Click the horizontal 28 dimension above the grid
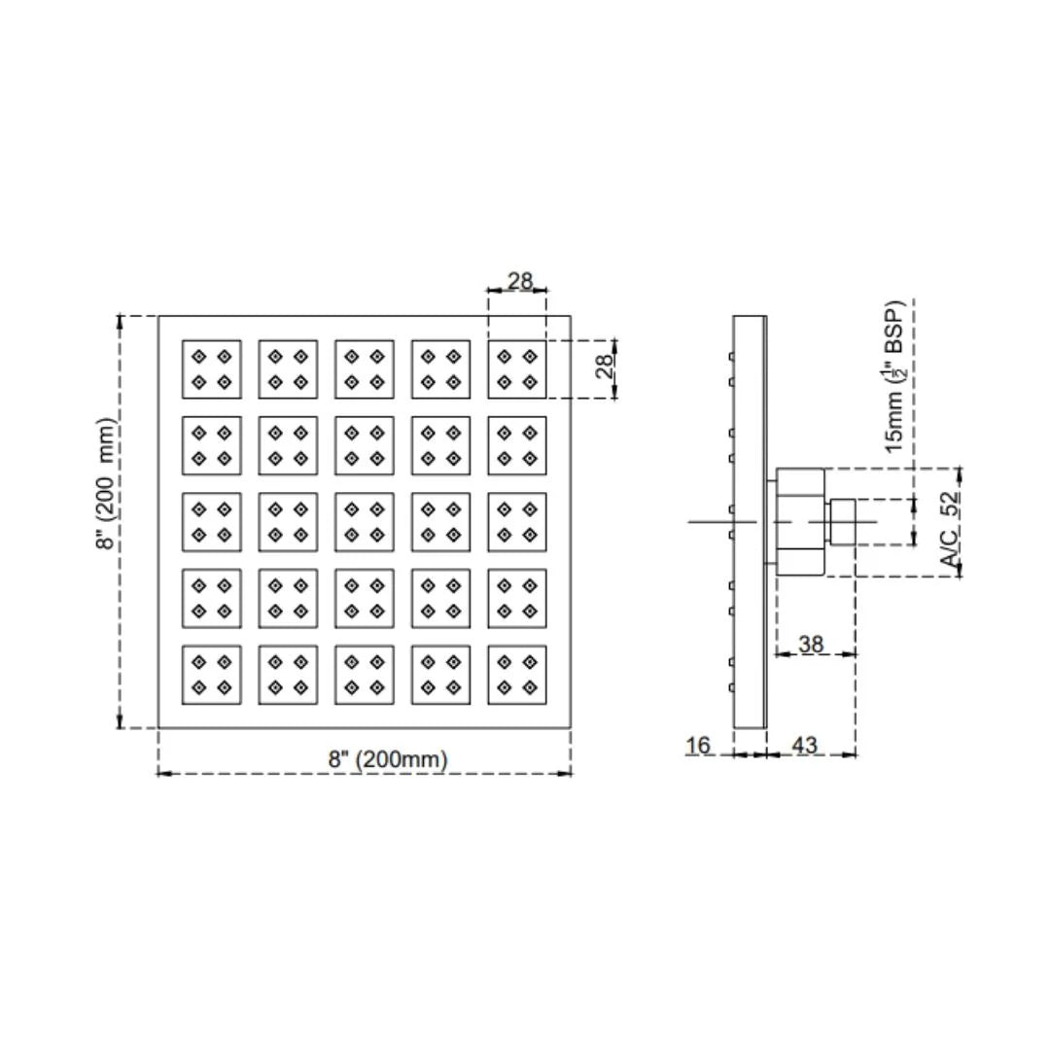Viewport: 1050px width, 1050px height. point(519,281)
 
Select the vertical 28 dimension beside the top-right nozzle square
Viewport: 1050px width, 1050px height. point(604,367)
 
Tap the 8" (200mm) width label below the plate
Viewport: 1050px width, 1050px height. point(388,758)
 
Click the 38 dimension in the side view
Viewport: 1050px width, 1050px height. point(811,645)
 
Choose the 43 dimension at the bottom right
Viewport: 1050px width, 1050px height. point(805,745)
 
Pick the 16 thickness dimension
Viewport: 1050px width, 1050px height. point(698,745)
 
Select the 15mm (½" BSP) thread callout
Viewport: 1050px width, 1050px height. point(895,377)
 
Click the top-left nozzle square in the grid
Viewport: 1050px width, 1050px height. point(212,369)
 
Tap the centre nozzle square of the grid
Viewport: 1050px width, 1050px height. point(365,522)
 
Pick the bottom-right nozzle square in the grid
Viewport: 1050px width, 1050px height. point(517,675)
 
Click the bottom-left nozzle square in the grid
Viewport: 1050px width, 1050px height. point(212,675)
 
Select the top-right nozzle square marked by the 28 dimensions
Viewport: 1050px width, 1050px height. point(517,369)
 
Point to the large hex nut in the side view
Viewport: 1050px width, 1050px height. point(800,522)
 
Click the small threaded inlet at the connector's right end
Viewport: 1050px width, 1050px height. point(842,522)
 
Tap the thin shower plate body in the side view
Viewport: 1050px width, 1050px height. point(750,522)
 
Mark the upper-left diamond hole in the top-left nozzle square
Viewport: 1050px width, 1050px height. point(199,356)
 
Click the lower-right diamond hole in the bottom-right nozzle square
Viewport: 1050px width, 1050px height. point(530,687)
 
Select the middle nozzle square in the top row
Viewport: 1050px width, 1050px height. point(365,369)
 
